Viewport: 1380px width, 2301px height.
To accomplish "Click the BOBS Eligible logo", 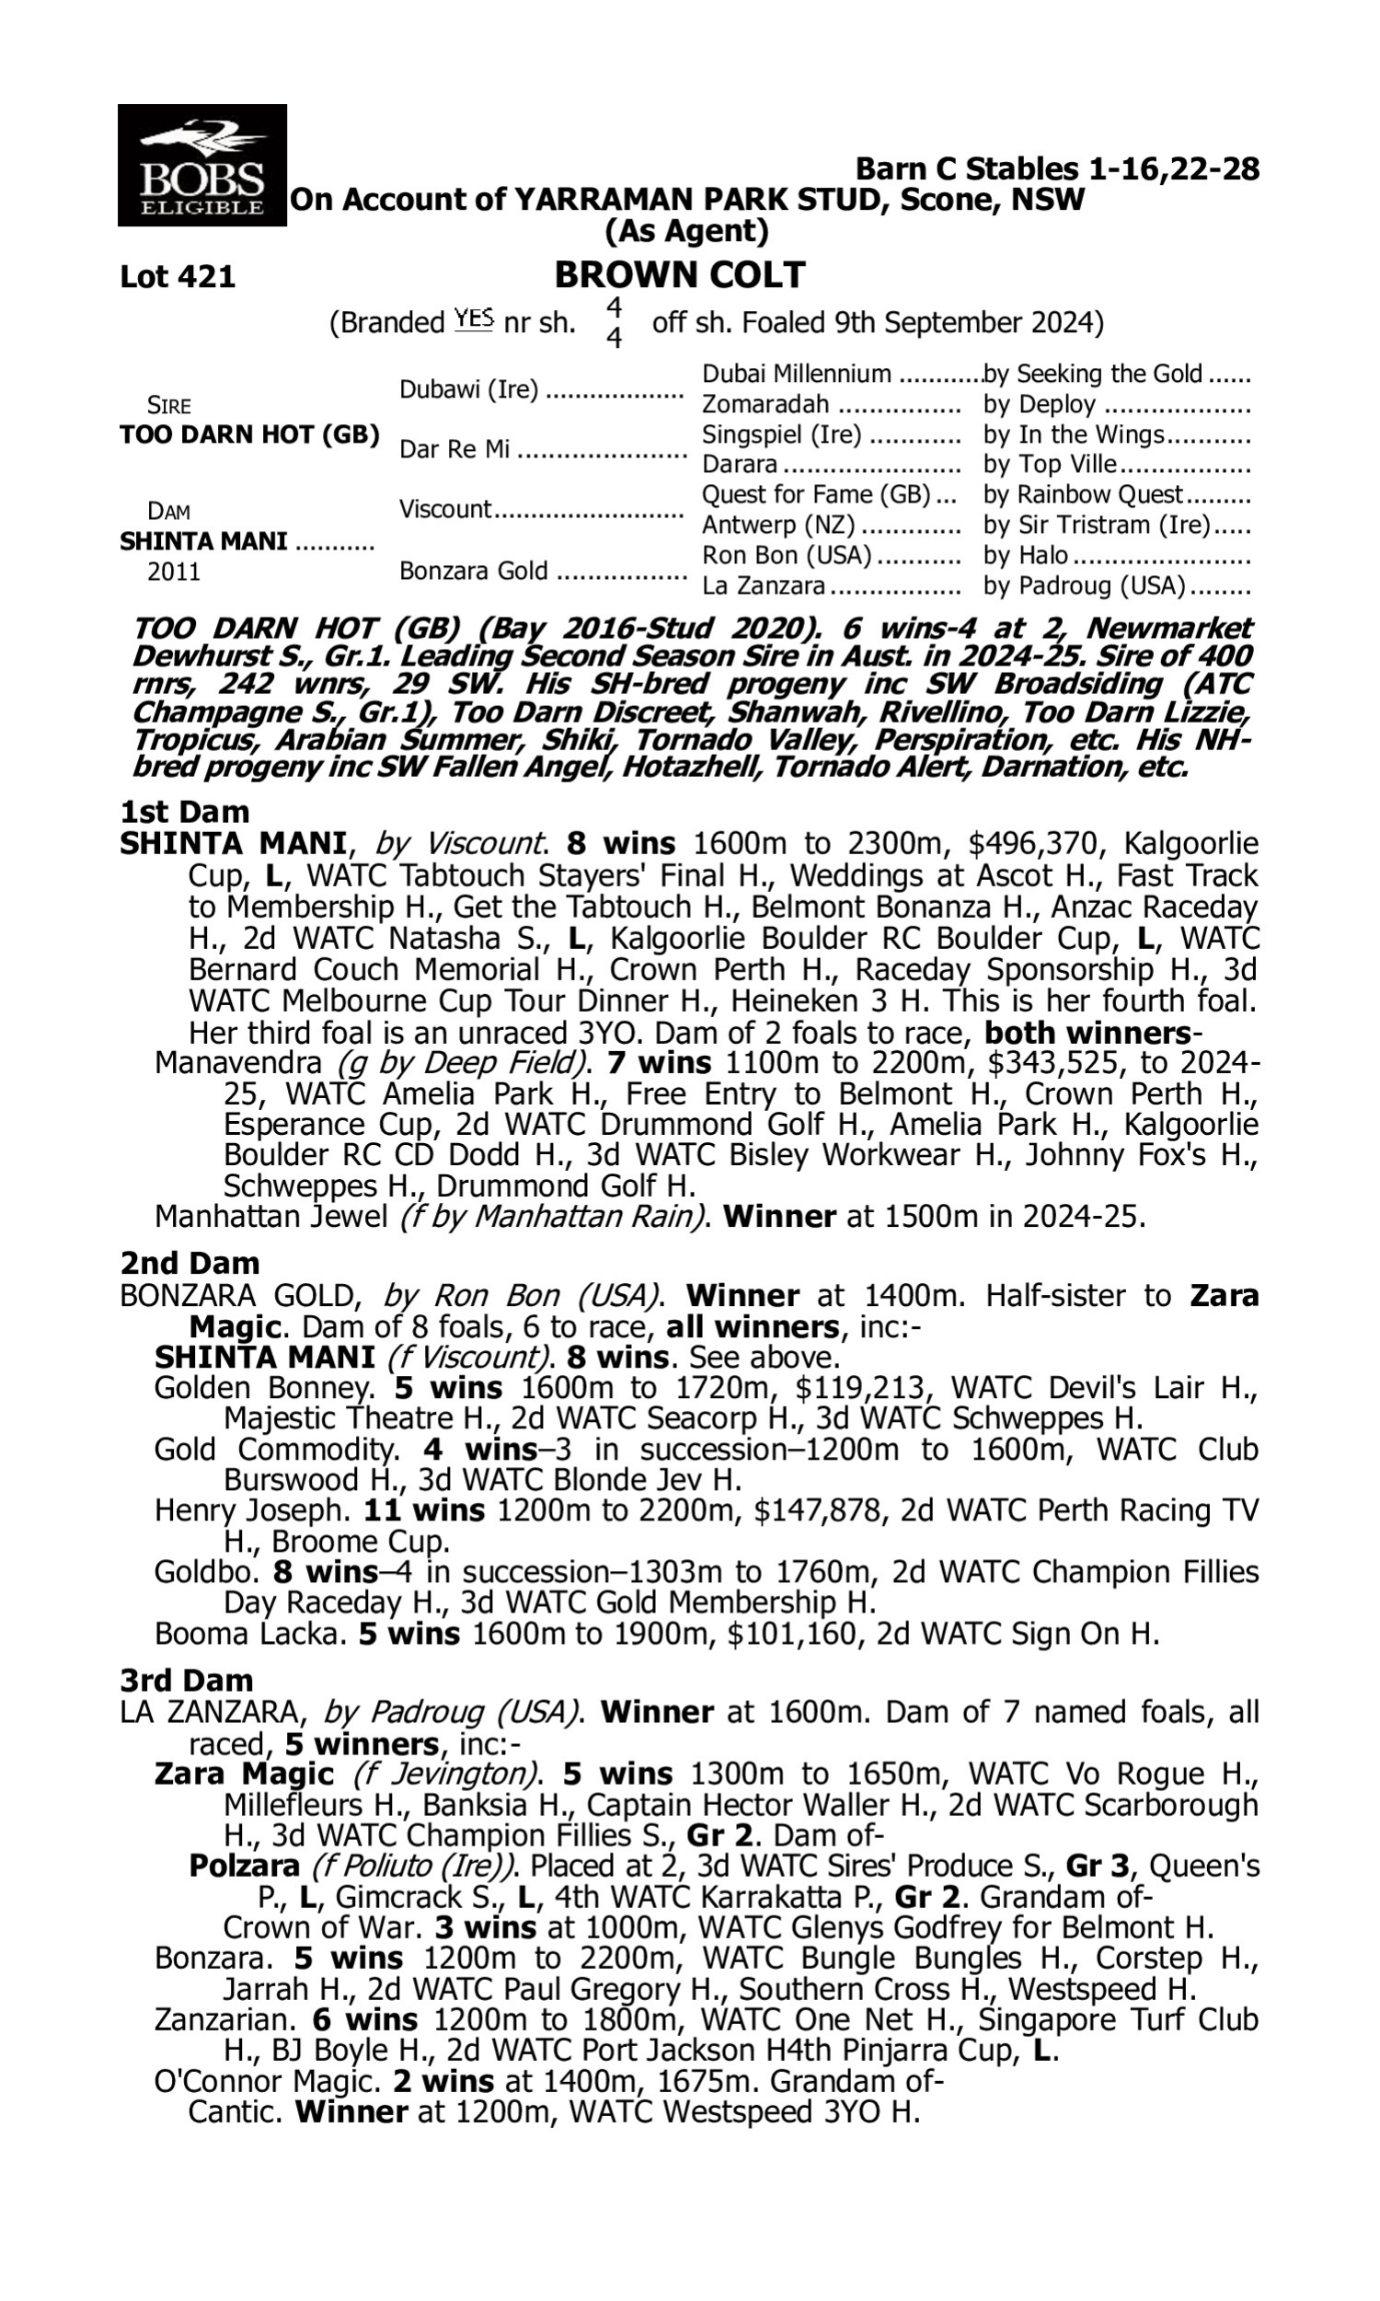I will pos(201,166).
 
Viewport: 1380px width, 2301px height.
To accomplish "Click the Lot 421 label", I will pos(178,277).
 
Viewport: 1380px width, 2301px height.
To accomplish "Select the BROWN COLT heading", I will pos(680,275).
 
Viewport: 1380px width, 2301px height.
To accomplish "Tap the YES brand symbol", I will pos(473,320).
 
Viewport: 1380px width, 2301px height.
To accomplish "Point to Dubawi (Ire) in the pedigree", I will pos(468,389).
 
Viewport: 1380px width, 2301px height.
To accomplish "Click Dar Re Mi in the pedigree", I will pos(454,450).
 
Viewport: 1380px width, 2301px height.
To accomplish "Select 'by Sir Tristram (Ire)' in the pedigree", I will pos(1098,526).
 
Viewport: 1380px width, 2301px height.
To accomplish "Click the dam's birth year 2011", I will pos(174,571).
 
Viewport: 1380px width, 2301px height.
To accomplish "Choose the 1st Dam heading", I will pos(185,812).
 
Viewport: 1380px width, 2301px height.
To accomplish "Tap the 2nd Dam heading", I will pos(190,1263).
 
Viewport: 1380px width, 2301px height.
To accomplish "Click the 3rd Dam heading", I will pos(186,1680).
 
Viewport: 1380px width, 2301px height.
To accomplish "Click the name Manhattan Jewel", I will pos(270,1217).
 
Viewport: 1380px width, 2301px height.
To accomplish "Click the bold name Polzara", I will pos(244,1866).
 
